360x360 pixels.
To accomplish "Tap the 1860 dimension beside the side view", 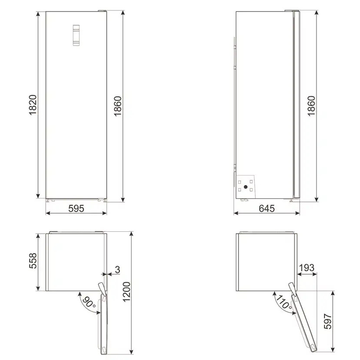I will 310,105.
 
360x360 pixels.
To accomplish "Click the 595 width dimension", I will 76,208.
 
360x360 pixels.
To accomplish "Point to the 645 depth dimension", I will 267,208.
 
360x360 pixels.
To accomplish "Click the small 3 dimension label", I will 117,270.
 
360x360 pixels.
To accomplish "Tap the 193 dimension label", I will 307,268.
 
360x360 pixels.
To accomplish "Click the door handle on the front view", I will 76,35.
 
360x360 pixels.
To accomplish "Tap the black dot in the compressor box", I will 246,187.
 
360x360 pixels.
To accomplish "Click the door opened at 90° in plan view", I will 105,322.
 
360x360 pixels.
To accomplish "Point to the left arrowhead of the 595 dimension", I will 47,213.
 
